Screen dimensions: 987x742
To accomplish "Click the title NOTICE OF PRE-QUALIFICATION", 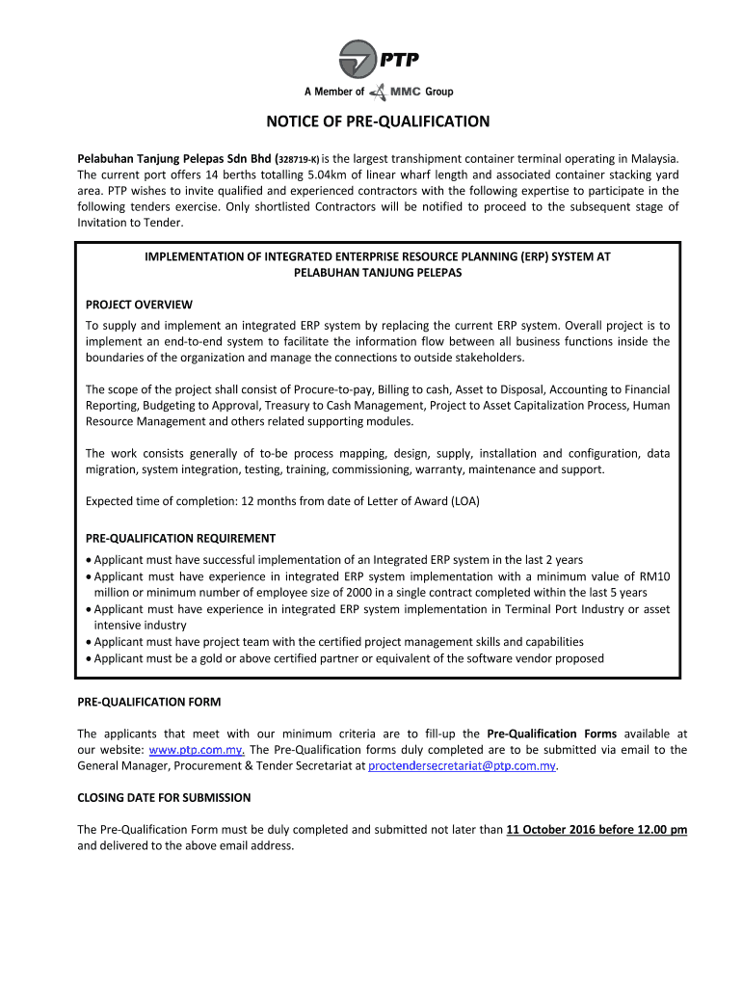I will pos(379,121).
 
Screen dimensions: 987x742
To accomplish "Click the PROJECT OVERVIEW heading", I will pos(139,305).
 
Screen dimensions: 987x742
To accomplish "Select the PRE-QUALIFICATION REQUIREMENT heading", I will pos(180,538).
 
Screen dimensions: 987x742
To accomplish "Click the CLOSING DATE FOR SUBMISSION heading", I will pos(164,797).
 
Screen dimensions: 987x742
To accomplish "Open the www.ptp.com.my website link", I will pos(197,750).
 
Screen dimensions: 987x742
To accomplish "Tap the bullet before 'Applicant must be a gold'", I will pos(89,658).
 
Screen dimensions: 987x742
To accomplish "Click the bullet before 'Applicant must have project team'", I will pos(89,642).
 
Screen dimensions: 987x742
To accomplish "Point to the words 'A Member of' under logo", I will pos(334,93).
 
